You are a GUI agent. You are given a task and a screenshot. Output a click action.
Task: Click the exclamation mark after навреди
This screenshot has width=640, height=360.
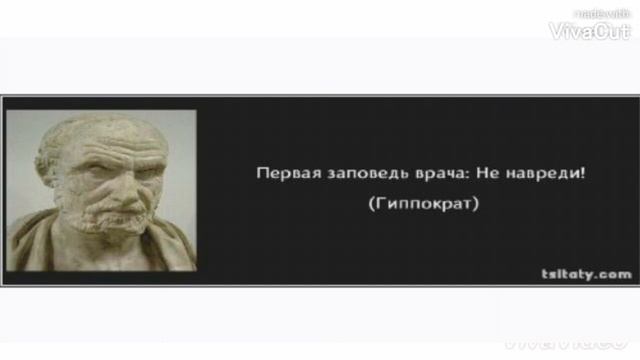point(581,173)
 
